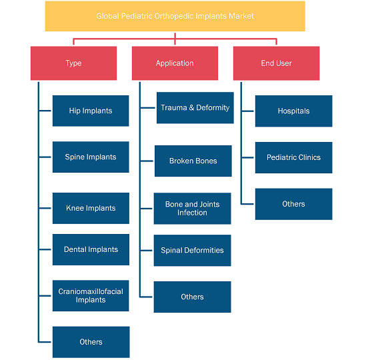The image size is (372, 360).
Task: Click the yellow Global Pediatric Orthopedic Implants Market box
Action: click(x=175, y=16)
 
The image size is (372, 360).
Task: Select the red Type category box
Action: click(x=73, y=63)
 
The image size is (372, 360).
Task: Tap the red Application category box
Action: click(x=175, y=63)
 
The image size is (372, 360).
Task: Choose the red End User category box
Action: click(x=277, y=63)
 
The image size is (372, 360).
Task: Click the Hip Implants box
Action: click(x=91, y=111)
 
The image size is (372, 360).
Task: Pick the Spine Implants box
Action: click(x=91, y=157)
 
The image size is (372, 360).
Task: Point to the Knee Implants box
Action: click(x=91, y=208)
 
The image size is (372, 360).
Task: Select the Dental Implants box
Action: click(x=91, y=249)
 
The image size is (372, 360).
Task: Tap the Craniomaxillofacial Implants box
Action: click(x=91, y=296)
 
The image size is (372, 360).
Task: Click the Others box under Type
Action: click(x=91, y=342)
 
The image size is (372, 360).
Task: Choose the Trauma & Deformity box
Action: click(x=195, y=108)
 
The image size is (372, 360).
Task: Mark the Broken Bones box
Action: click(x=193, y=161)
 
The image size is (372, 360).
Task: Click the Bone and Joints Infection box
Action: click(x=192, y=209)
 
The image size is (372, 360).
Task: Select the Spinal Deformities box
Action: click(x=192, y=251)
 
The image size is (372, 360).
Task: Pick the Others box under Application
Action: click(x=192, y=297)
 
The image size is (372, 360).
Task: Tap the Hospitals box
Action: click(x=294, y=111)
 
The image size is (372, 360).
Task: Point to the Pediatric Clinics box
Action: click(x=294, y=157)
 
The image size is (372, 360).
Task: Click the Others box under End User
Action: click(x=294, y=204)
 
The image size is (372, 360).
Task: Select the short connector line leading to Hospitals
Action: click(x=248, y=111)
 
